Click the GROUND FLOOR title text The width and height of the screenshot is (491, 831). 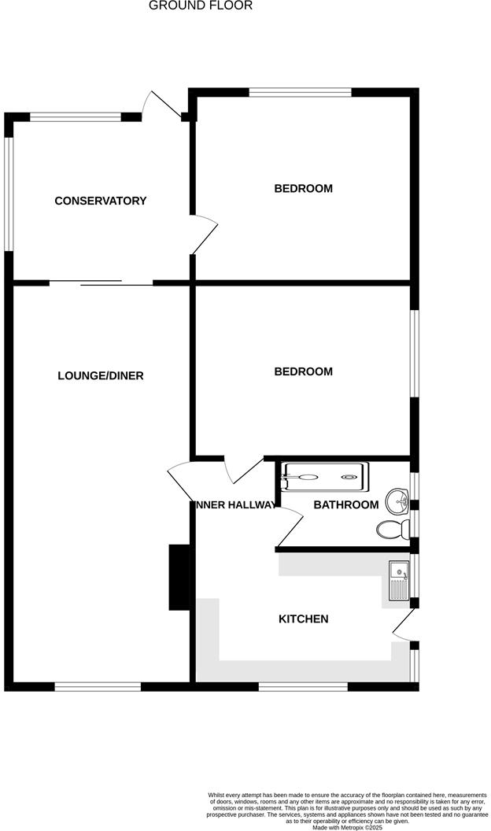(201, 6)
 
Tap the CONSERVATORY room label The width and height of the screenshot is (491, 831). (100, 201)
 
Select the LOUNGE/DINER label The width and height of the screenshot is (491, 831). (101, 375)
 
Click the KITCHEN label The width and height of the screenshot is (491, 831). (304, 619)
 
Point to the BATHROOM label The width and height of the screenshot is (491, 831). (346, 504)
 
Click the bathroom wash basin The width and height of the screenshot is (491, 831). (397, 499)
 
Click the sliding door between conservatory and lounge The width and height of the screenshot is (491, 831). (101, 283)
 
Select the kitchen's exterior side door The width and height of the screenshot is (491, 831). (403, 626)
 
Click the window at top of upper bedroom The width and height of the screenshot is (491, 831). (300, 93)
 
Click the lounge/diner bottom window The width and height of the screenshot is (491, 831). (98, 686)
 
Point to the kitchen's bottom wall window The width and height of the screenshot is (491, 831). (303, 686)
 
